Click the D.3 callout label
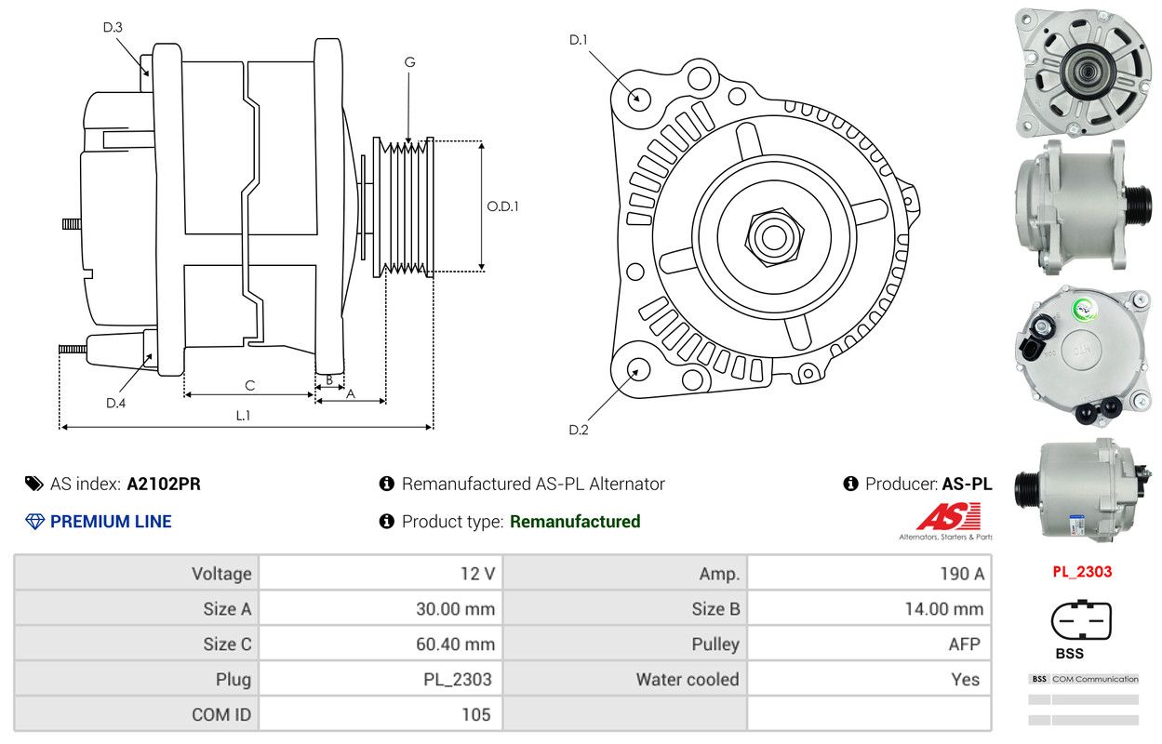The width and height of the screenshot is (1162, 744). [113, 27]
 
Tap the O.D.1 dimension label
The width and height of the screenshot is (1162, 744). [502, 206]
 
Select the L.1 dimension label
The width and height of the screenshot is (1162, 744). [243, 416]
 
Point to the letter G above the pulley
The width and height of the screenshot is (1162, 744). [409, 62]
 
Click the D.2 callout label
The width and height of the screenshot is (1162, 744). [579, 430]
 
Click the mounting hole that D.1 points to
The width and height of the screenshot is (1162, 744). [638, 98]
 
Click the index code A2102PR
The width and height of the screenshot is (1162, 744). [164, 484]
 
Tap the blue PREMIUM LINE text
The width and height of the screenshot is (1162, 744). [111, 522]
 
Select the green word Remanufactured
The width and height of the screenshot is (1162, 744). [575, 522]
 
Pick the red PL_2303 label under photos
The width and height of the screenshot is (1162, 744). [1082, 572]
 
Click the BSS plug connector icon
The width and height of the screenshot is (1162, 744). [1081, 620]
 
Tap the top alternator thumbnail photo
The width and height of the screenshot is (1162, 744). [1083, 71]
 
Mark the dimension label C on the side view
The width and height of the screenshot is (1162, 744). [249, 385]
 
